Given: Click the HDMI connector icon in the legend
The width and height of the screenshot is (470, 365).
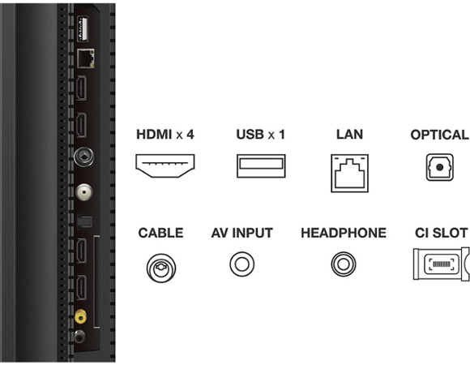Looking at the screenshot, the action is pyautogui.click(x=164, y=165).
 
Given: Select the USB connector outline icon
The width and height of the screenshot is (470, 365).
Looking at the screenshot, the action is pyautogui.click(x=261, y=165).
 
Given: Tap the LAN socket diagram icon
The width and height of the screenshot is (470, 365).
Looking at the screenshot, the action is pyautogui.click(x=349, y=173).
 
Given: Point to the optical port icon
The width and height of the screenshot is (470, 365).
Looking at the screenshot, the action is pyautogui.click(x=440, y=167).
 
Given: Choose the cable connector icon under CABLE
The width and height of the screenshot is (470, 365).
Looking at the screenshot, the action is pyautogui.click(x=161, y=268).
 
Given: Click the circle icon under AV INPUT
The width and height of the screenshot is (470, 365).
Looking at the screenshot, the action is pyautogui.click(x=242, y=264).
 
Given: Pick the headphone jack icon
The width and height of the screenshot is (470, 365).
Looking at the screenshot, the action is pyautogui.click(x=344, y=264).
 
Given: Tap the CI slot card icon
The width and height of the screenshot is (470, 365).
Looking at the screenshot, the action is pyautogui.click(x=441, y=264).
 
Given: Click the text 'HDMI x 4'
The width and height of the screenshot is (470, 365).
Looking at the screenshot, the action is pyautogui.click(x=165, y=135).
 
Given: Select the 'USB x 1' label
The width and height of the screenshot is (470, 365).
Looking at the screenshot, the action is pyautogui.click(x=260, y=135).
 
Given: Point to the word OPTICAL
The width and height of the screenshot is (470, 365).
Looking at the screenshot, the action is pyautogui.click(x=439, y=135).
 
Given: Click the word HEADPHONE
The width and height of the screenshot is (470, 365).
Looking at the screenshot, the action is pyautogui.click(x=344, y=233).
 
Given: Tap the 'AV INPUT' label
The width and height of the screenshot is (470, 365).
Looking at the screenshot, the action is pyautogui.click(x=242, y=233).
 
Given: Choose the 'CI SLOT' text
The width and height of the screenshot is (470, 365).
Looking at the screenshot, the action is pyautogui.click(x=441, y=233).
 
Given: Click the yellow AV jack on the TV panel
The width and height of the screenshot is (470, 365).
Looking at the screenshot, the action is pyautogui.click(x=80, y=316).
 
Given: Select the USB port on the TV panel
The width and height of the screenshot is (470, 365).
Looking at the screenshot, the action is pyautogui.click(x=83, y=28).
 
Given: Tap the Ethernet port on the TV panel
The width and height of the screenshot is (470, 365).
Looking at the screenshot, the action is pyautogui.click(x=86, y=58).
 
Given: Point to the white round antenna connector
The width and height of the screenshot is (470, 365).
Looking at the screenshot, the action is pyautogui.click(x=84, y=192).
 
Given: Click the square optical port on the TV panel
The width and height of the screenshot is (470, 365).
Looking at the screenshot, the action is pyautogui.click(x=84, y=221).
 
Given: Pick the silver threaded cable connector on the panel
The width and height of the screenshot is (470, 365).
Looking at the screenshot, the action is pyautogui.click(x=84, y=157).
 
